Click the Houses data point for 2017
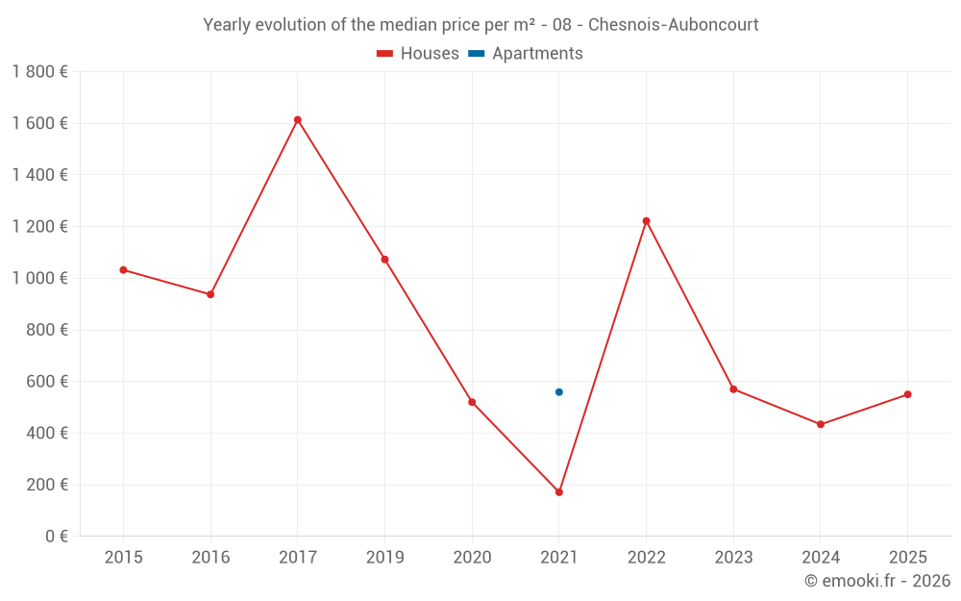[x=298, y=120]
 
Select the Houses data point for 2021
[x=559, y=492]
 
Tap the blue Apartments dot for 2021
[x=559, y=392]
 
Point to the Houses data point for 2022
[x=646, y=221]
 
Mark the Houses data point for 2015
[x=123, y=270]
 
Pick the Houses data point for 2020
[x=472, y=402]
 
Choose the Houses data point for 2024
[x=821, y=424]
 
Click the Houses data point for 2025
[x=907, y=394]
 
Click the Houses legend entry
[x=418, y=54]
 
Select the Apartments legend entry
[x=526, y=54]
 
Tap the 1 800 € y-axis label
[x=39, y=72]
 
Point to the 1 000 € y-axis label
[x=39, y=278]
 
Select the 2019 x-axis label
[x=384, y=558]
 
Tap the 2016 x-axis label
[x=210, y=558]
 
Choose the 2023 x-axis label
[x=733, y=558]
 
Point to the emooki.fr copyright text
[x=876, y=581]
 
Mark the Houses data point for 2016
[x=210, y=294]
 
